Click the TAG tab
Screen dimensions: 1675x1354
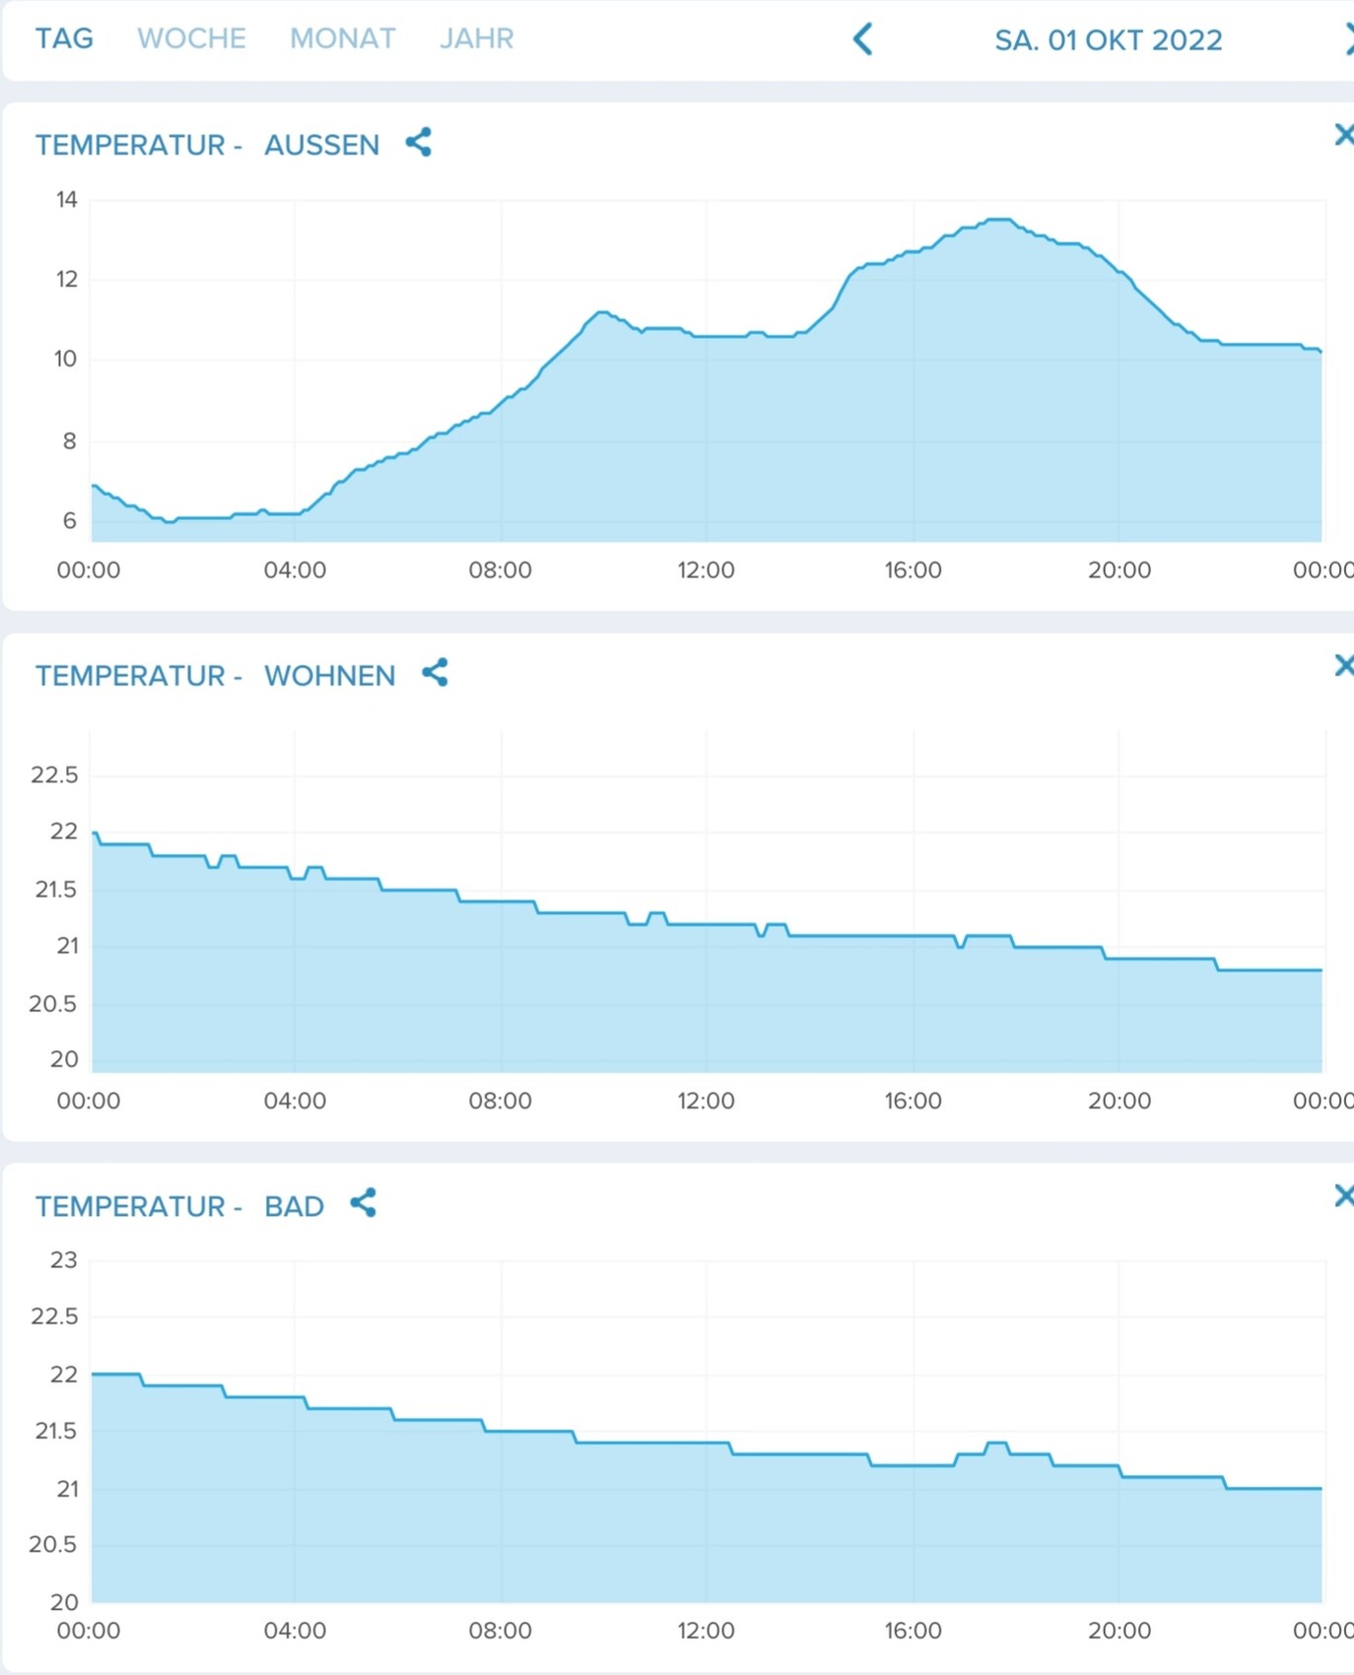coord(64,38)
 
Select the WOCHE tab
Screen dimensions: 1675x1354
coord(191,38)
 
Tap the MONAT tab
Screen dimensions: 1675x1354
coord(342,38)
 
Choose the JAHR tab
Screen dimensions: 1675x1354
coord(476,38)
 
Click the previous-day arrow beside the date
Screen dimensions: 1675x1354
coord(862,39)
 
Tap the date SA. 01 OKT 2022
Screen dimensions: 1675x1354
coord(1108,40)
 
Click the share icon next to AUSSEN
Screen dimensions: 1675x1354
coord(419,143)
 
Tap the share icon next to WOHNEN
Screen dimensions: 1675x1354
coord(435,673)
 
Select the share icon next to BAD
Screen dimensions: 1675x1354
coord(364,1203)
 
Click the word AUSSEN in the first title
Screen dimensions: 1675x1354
coord(321,145)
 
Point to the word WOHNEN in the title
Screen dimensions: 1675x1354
coord(329,676)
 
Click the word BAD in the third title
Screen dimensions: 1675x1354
coord(294,1207)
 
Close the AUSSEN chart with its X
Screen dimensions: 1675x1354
coord(1343,135)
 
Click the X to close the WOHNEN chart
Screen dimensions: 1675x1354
coord(1343,666)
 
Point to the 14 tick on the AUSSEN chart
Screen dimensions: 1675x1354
coord(66,200)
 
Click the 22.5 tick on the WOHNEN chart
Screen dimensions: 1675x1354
coord(54,774)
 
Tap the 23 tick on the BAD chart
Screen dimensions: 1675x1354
coord(64,1260)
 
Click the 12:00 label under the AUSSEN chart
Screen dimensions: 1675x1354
coord(706,570)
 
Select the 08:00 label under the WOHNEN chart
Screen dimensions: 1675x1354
coord(500,1101)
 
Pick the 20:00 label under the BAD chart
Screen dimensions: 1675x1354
coord(1118,1631)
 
